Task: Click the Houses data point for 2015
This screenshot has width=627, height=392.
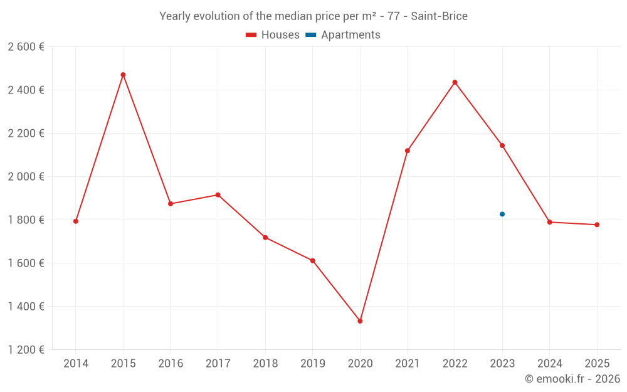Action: (123, 75)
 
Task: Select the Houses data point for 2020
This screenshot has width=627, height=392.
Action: (360, 321)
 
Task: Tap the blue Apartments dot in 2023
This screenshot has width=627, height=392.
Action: (502, 214)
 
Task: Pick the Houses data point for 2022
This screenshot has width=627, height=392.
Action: (455, 82)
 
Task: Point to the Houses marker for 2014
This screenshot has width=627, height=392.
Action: (76, 221)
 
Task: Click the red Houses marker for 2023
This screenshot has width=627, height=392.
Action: (502, 146)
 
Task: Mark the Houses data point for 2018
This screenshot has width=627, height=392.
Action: (265, 237)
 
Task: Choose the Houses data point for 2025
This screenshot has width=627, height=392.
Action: (597, 225)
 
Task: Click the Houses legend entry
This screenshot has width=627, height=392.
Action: (273, 35)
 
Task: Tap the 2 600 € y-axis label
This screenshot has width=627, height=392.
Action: (26, 47)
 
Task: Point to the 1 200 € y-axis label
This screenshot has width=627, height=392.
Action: (26, 350)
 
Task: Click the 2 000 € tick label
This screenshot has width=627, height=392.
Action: (26, 177)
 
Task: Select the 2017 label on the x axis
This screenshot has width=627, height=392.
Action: (218, 364)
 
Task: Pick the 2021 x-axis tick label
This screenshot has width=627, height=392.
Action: (408, 364)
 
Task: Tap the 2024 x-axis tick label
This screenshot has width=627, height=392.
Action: (549, 364)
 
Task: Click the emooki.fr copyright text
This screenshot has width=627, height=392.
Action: (572, 379)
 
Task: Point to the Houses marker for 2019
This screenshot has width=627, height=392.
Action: (312, 260)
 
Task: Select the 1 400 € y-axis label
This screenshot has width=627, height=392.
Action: (26, 307)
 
